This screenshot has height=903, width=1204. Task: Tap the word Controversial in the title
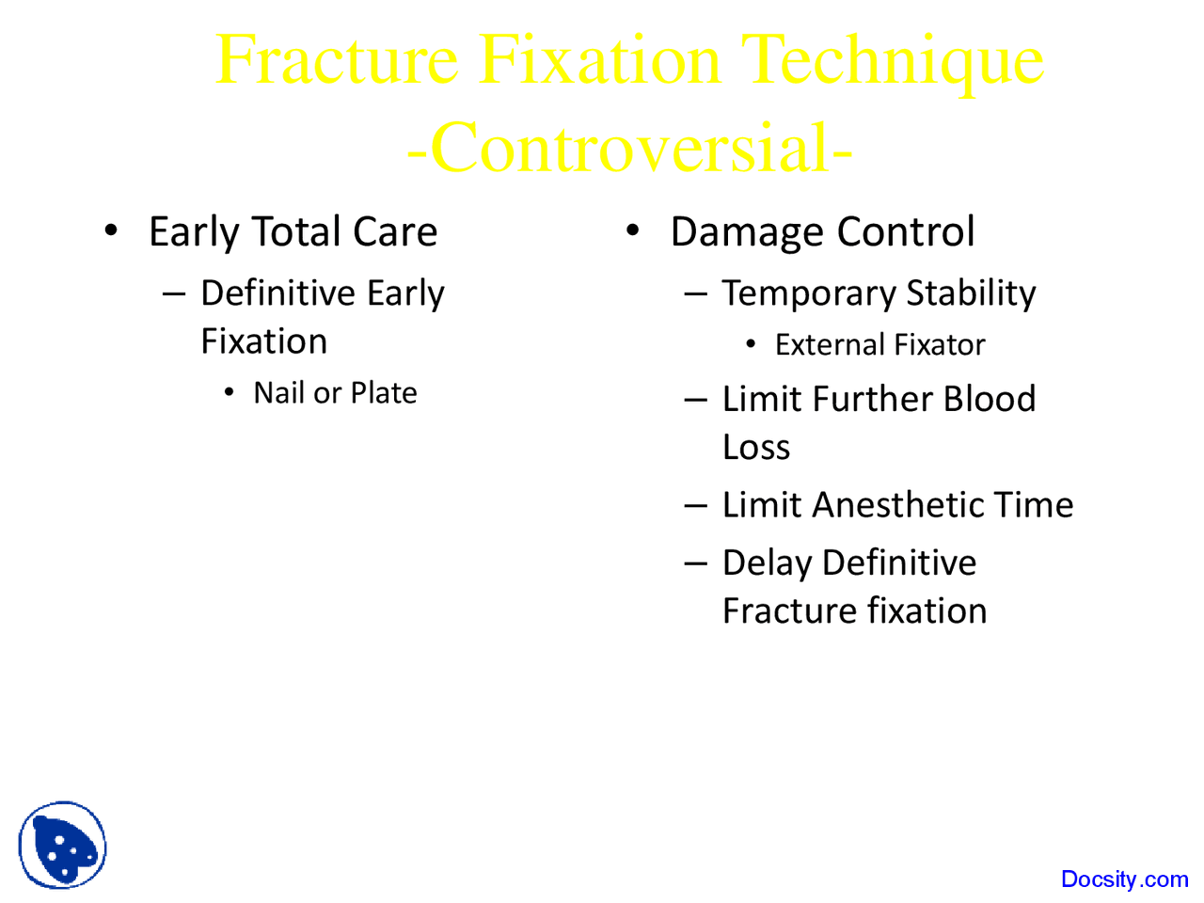(630, 149)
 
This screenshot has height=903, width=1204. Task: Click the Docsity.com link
(1124, 879)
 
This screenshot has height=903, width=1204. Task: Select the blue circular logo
(62, 846)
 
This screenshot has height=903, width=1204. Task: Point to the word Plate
(384, 393)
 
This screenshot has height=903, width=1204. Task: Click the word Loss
(756, 448)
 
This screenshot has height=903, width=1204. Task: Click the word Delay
(767, 563)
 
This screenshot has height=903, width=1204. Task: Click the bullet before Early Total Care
(111, 230)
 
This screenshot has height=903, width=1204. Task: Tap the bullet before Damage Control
(633, 230)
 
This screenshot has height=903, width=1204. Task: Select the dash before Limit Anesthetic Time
(695, 505)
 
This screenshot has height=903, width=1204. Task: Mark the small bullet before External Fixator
(751, 344)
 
